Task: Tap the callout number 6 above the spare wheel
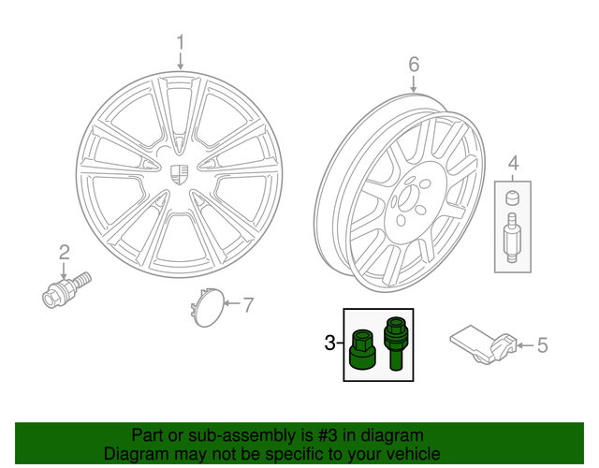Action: pos(414,64)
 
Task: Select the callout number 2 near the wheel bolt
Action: pos(65,251)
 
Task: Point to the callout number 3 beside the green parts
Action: pos(329,344)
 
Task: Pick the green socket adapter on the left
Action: pos(361,348)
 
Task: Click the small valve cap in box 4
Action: pos(513,198)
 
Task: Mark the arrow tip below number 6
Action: pos(414,92)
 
